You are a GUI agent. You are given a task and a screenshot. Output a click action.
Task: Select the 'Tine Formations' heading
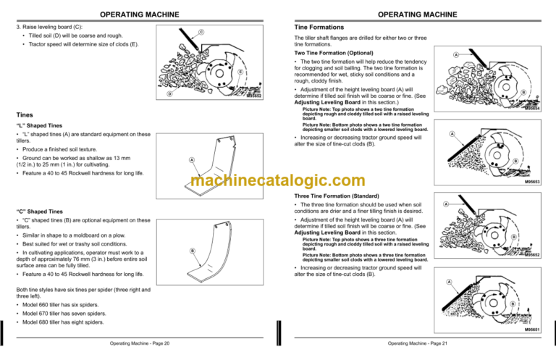[x=319, y=26]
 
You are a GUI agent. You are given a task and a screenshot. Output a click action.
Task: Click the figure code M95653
[x=532, y=184]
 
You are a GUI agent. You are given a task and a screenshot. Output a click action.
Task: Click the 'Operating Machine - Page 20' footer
[x=138, y=343]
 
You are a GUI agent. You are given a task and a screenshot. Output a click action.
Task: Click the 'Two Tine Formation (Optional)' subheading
[x=333, y=54]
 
